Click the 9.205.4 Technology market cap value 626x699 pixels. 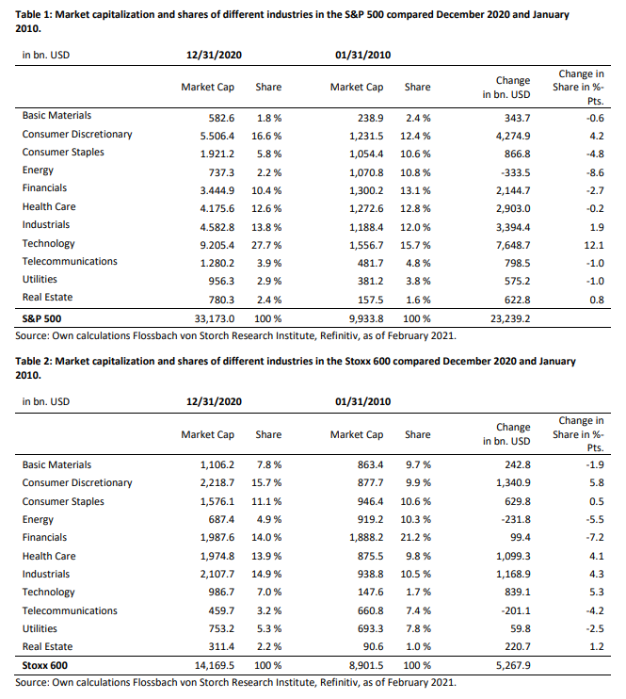click(x=217, y=245)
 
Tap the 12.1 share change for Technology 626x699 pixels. click(x=596, y=245)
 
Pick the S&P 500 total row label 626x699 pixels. click(x=41, y=318)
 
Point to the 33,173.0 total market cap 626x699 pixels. click(x=215, y=318)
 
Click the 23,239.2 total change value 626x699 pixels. click(x=510, y=318)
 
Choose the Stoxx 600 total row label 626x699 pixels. click(x=45, y=666)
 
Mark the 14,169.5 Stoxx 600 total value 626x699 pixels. click(x=215, y=666)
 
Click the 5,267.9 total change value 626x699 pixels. click(x=513, y=666)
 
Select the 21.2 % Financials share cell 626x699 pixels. click(x=416, y=538)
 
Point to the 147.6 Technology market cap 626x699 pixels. click(x=370, y=592)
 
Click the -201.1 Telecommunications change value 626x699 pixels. click(x=516, y=610)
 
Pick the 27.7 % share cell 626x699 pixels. click(x=266, y=245)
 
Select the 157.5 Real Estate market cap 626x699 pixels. click(x=370, y=300)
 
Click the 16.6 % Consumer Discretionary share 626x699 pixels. click(x=266, y=136)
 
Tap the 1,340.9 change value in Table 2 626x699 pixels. click(x=513, y=482)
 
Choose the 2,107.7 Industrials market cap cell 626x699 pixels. click(x=217, y=575)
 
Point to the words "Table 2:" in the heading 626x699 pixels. click(x=33, y=361)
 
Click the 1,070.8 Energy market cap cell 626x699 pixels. click(x=366, y=172)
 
